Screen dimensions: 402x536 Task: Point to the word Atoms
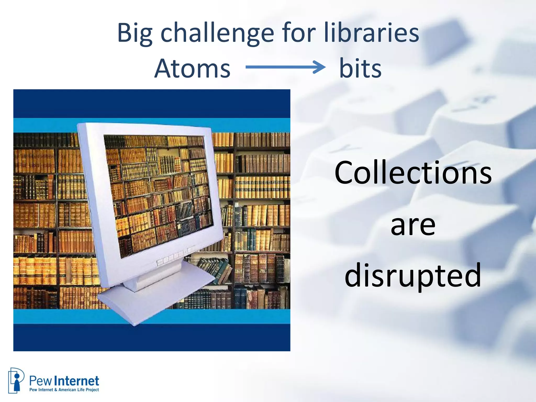pyautogui.click(x=192, y=69)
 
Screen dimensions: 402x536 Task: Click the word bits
pyautogui.click(x=360, y=69)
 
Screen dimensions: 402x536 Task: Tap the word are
pyautogui.click(x=413, y=225)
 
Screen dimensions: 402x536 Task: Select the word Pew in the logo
pyautogui.click(x=40, y=381)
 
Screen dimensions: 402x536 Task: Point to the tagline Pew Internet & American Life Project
pyautogui.click(x=64, y=390)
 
